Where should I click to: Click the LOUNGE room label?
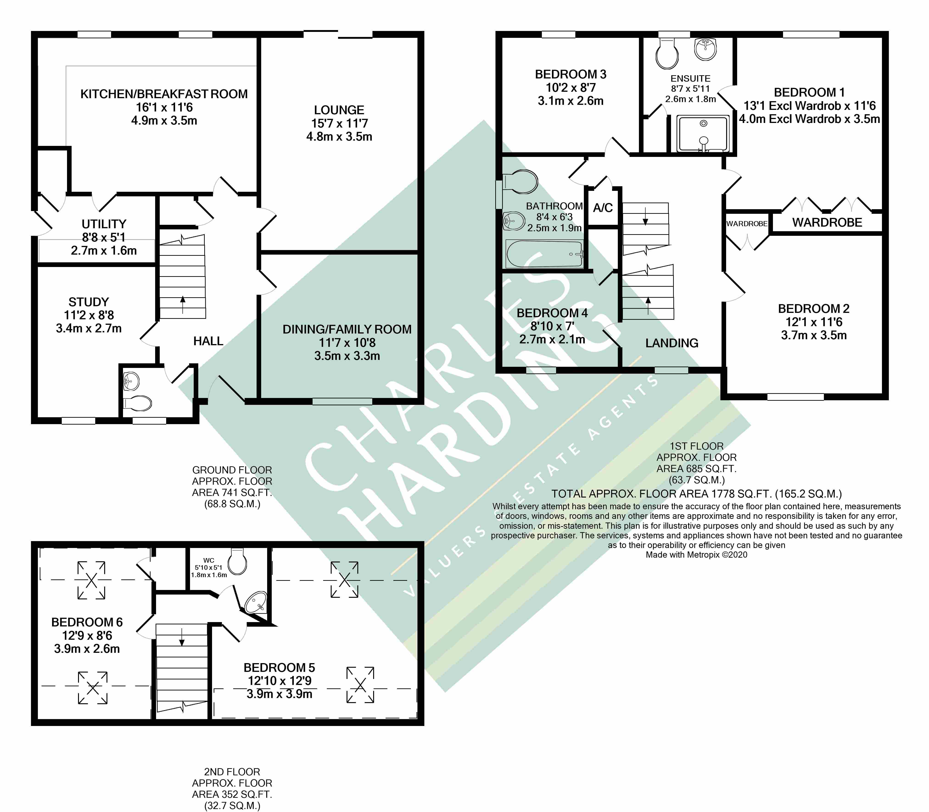tap(339, 110)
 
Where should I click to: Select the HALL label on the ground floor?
tap(208, 341)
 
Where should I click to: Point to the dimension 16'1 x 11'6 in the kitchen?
tap(164, 107)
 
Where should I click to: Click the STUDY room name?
tap(89, 302)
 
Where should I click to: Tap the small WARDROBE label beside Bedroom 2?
tap(747, 224)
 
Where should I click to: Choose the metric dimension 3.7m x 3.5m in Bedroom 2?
tap(814, 335)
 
